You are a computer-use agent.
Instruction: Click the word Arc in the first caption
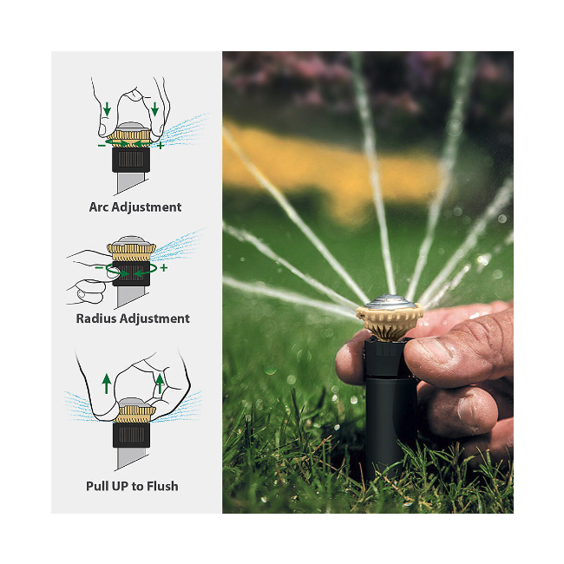pyautogui.click(x=99, y=207)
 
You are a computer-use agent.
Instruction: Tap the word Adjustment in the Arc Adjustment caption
pyautogui.click(x=147, y=207)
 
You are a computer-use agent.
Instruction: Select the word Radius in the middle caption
pyautogui.click(x=96, y=318)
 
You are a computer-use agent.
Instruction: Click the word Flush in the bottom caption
pyautogui.click(x=162, y=486)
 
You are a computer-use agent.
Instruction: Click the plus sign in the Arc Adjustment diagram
pyautogui.click(x=161, y=145)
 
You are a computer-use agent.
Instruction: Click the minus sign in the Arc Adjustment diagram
pyautogui.click(x=102, y=145)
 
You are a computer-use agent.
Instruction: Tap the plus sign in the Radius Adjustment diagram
pyautogui.click(x=164, y=267)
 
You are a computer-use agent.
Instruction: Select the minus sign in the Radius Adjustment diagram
pyautogui.click(x=99, y=267)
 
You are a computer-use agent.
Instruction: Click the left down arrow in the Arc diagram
pyautogui.click(x=107, y=109)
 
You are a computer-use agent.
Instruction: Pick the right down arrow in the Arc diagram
pyautogui.click(x=154, y=109)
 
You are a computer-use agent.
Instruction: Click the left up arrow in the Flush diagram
pyautogui.click(x=107, y=384)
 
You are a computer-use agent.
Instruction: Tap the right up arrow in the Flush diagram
pyautogui.click(x=160, y=384)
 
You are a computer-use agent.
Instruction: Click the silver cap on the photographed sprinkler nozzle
pyautogui.click(x=390, y=302)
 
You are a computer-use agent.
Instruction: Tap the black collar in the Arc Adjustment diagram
pyautogui.click(x=131, y=160)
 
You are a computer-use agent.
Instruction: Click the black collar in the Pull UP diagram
pyautogui.click(x=131, y=435)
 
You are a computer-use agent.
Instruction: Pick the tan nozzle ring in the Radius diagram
pyautogui.click(x=131, y=252)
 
